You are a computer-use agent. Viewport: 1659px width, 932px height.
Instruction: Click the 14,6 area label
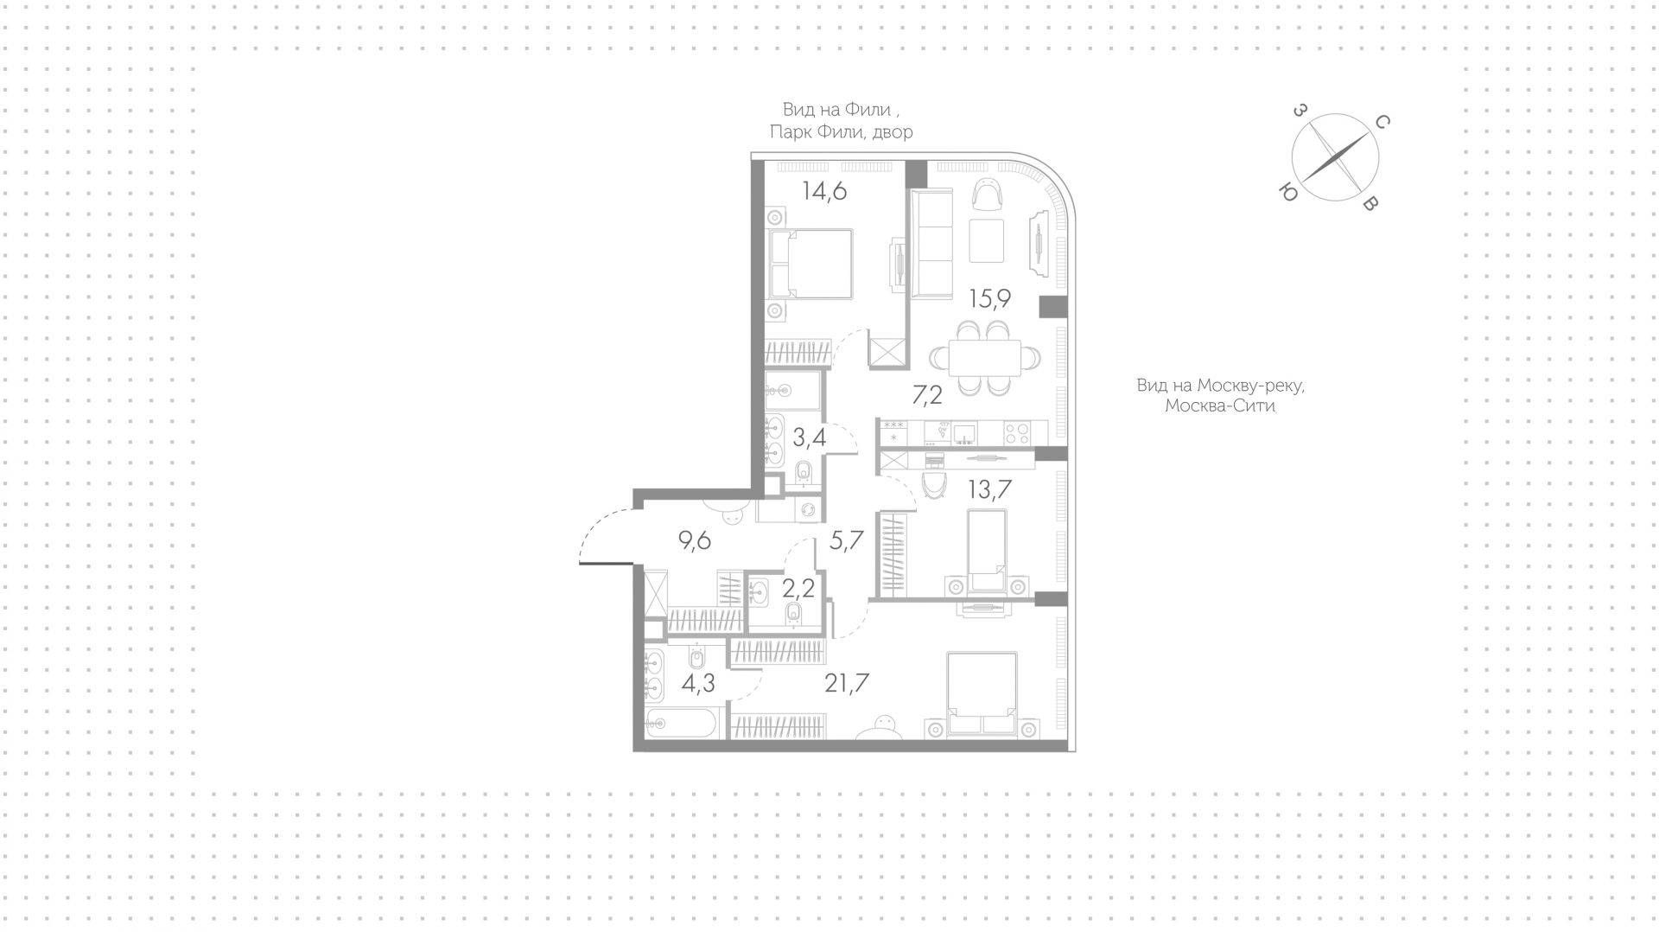point(219,191)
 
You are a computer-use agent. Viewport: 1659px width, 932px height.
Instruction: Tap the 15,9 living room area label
point(990,299)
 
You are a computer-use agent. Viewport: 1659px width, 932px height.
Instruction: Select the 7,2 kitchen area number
point(929,396)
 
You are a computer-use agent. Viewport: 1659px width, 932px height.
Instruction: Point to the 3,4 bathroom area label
point(205,437)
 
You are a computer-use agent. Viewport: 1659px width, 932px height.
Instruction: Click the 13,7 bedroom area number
point(990,490)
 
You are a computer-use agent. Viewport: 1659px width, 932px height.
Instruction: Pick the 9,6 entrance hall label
point(695,541)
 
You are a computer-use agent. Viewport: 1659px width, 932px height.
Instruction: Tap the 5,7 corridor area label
point(846,541)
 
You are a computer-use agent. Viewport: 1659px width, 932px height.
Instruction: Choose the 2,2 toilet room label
point(798,590)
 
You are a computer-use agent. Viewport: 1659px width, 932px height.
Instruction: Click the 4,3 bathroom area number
point(698,684)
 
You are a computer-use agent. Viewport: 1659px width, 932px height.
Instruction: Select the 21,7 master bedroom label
point(847,684)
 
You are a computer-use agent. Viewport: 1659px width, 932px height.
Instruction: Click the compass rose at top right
point(1335,159)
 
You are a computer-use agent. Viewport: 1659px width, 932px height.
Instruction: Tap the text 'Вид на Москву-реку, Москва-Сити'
point(1220,395)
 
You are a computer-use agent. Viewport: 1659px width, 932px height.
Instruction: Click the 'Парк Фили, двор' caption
point(841,131)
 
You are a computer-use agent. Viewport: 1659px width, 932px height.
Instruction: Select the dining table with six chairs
point(985,358)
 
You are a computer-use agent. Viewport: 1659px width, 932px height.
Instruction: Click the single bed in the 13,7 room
point(986,549)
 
